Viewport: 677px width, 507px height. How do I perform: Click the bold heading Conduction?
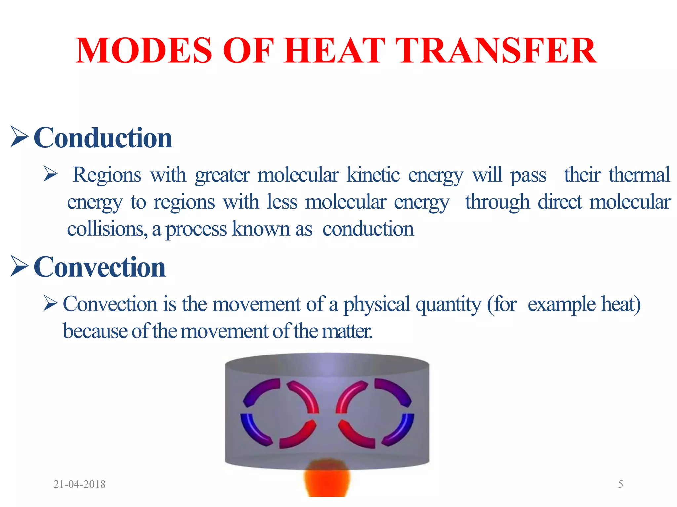[103, 138]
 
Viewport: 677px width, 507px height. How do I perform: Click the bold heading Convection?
[100, 267]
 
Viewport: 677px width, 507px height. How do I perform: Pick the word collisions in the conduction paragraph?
[107, 229]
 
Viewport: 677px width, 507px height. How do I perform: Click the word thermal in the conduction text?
[639, 175]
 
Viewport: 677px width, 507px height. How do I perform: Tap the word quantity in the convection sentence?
[448, 305]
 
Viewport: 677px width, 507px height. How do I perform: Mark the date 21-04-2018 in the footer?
[79, 484]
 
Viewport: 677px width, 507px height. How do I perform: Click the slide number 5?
[620, 484]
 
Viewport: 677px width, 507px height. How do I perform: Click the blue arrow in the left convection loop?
[253, 429]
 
